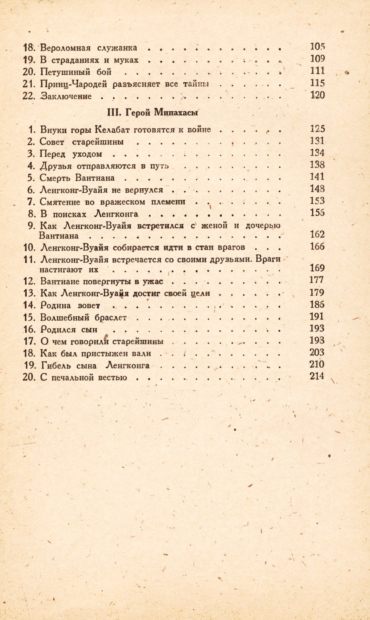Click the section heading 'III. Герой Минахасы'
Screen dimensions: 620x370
click(x=152, y=113)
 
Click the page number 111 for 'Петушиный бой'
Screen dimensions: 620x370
click(x=317, y=71)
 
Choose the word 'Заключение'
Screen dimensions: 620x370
click(x=66, y=96)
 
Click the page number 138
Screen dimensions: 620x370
click(x=317, y=165)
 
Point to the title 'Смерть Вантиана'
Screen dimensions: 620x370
click(x=77, y=178)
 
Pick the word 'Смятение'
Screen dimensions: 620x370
click(x=60, y=202)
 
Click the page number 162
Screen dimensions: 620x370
click(x=317, y=234)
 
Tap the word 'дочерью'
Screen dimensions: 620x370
click(x=263, y=225)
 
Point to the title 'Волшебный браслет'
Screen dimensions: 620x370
click(x=83, y=318)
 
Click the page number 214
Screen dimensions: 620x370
click(x=317, y=376)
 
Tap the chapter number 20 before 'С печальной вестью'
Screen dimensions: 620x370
click(x=29, y=377)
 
